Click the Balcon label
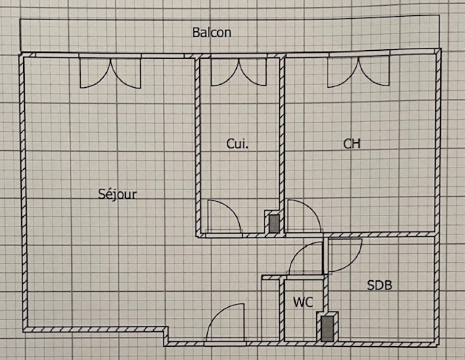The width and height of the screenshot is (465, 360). point(212,33)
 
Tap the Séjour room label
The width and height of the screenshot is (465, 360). point(117,194)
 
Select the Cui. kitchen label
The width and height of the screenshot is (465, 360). point(237,144)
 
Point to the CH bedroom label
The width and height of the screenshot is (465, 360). point(352,144)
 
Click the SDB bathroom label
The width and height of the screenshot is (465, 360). point(380,285)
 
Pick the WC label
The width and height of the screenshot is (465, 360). point(303,302)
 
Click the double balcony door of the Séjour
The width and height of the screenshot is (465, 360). point(110,72)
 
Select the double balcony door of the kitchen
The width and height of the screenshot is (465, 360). point(239,71)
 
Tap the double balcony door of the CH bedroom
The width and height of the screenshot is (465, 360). point(358,71)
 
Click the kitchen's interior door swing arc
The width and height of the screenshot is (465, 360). point(224,216)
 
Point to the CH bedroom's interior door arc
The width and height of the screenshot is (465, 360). point(304,216)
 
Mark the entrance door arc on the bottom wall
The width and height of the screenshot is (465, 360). point(226,323)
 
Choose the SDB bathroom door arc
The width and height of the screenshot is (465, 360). point(345,255)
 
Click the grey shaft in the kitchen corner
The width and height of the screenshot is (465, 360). point(274,223)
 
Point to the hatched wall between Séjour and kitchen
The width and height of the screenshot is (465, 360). point(198,142)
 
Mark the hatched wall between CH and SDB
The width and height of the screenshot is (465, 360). point(380,234)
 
